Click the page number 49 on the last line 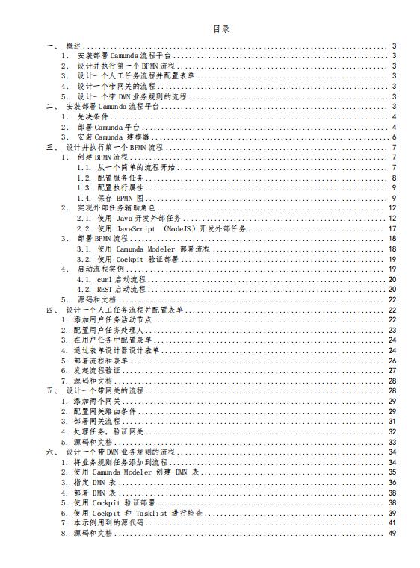pos(392,533)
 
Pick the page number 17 pos(392,228)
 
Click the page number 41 pos(392,523)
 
